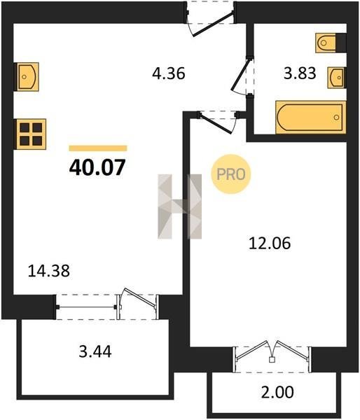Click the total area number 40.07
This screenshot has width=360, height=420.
[x=97, y=167]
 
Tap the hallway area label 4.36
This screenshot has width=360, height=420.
[x=169, y=73]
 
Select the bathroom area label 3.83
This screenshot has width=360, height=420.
[x=300, y=73]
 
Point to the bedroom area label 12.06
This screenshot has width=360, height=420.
[x=270, y=244]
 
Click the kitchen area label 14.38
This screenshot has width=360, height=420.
[x=49, y=270]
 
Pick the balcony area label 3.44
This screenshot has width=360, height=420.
[x=95, y=351]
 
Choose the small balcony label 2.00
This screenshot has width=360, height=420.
[x=277, y=392]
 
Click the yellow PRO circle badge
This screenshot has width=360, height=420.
[x=231, y=174]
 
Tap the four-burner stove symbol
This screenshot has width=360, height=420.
[x=31, y=134]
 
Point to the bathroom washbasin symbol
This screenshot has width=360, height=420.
[x=335, y=78]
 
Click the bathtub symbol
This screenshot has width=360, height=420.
[x=311, y=118]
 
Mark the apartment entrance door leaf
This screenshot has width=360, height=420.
[x=214, y=24]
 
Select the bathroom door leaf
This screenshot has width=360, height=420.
[x=242, y=74]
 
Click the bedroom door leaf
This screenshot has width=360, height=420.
[x=216, y=123]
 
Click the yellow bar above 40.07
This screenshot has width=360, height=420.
[x=98, y=148]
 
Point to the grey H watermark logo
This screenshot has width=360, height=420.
[x=179, y=206]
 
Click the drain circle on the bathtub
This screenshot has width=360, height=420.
[x=336, y=118]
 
